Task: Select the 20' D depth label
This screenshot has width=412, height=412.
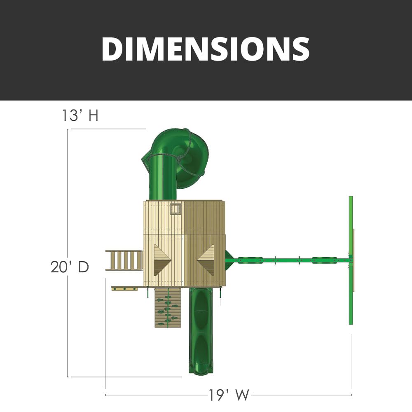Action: click(70, 267)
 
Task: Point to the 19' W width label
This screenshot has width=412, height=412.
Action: click(229, 395)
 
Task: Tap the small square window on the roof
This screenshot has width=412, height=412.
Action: click(176, 209)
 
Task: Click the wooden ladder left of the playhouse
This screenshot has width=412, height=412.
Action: click(124, 260)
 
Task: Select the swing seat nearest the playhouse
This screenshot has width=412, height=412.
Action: click(250, 260)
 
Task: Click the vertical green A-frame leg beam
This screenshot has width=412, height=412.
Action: click(351, 260)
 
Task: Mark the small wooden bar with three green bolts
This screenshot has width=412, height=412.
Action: click(124, 289)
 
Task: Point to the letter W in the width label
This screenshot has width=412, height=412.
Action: click(241, 395)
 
